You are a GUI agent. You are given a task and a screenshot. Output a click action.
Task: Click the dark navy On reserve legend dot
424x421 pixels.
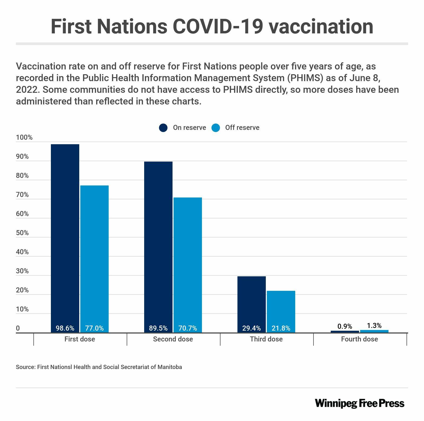pyautogui.click(x=163, y=128)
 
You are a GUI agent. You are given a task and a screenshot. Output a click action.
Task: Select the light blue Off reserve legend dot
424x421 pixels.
pyautogui.click(x=216, y=128)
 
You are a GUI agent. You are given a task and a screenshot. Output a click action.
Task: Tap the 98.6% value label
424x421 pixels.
pyautogui.click(x=65, y=328)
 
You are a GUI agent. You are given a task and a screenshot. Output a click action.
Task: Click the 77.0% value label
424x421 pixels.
pyautogui.click(x=94, y=328)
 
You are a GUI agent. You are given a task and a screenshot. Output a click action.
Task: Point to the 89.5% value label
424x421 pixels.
pyautogui.click(x=158, y=328)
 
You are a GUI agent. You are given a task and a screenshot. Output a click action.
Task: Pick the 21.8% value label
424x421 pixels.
pyautogui.click(x=281, y=328)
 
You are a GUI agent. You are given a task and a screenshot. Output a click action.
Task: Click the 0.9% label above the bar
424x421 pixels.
pyautogui.click(x=345, y=326)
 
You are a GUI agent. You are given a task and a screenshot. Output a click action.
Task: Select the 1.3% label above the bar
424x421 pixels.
pyautogui.click(x=374, y=325)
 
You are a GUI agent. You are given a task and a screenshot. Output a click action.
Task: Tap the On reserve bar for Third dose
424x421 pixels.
pyautogui.click(x=251, y=300)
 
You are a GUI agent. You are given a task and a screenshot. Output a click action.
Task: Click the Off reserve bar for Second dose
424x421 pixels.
pyautogui.click(x=188, y=260)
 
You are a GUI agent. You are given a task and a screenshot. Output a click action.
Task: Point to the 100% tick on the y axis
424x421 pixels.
pyautogui.click(x=24, y=138)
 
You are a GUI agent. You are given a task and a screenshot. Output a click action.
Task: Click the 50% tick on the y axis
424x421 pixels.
pyautogui.click(x=22, y=233)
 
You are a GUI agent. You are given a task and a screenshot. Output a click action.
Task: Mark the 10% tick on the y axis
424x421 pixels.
pyautogui.click(x=22, y=309)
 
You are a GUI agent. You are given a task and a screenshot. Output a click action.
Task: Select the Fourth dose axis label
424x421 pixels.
pyautogui.click(x=359, y=339)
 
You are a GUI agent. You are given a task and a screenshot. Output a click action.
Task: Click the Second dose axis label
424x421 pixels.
pyautogui.click(x=173, y=339)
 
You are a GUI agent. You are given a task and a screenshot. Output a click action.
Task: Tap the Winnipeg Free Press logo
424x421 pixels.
pyautogui.click(x=360, y=403)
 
